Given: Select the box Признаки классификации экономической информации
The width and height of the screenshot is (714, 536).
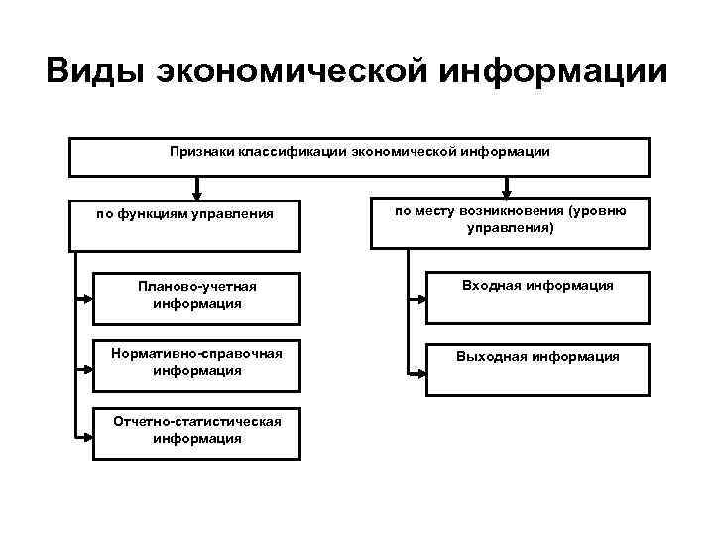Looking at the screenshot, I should coord(358,157).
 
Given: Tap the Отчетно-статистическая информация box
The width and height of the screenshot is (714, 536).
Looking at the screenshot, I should coord(196,432).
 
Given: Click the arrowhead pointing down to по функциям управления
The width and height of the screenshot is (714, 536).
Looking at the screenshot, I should coord(197,193).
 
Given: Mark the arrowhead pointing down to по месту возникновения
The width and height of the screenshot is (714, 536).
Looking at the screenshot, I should coord(508,193).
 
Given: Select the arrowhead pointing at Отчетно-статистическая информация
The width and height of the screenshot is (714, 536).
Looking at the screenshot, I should coord(86,434).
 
